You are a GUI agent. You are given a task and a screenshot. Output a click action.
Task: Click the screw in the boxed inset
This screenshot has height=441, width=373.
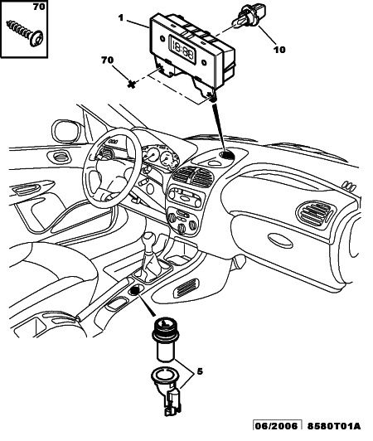(26, 34)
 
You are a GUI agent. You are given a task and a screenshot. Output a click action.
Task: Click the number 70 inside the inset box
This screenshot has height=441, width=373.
(39, 7)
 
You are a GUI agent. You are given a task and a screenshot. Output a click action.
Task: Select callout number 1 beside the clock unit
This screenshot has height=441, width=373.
(121, 18)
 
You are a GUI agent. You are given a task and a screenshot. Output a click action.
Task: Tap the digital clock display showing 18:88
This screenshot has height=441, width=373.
(182, 48)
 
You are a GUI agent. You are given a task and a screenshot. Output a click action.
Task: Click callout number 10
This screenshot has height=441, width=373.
(279, 50)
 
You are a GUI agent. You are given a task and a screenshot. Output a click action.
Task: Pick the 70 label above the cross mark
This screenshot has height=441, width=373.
(108, 60)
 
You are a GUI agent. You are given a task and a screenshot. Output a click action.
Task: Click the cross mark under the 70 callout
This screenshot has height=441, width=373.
(131, 84)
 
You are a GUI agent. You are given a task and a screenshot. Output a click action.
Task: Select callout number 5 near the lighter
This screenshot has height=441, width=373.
(200, 371)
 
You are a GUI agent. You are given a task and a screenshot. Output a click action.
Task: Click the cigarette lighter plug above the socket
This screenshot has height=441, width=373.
(163, 339)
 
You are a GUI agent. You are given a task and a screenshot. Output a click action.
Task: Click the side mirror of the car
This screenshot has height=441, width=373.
(67, 131)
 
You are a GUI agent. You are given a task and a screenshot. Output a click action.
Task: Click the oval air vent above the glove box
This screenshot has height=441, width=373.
(315, 212)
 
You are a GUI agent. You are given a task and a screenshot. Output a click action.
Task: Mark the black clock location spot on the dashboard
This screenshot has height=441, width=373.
(227, 155)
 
